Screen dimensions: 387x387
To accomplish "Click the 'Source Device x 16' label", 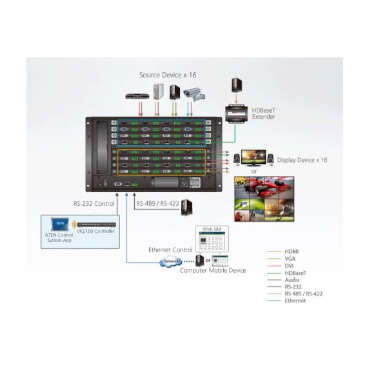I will pyautogui.click(x=168, y=75).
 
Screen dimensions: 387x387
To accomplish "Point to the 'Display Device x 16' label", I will pyautogui.click(x=302, y=159).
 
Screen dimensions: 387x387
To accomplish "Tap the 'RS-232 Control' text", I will pyautogui.click(x=94, y=204).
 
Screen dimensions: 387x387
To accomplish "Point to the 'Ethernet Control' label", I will pyautogui.click(x=170, y=248).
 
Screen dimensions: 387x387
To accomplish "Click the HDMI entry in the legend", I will pyautogui.click(x=292, y=252).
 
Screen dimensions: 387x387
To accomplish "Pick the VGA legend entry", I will pyautogui.click(x=290, y=259).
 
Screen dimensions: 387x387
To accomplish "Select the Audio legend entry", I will pyautogui.click(x=291, y=279).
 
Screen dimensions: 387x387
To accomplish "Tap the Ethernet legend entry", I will pyautogui.click(x=295, y=301).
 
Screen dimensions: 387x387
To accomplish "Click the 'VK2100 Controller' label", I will pyautogui.click(x=96, y=231).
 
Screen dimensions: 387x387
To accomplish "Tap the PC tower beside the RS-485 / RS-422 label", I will pyautogui.click(x=186, y=206).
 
